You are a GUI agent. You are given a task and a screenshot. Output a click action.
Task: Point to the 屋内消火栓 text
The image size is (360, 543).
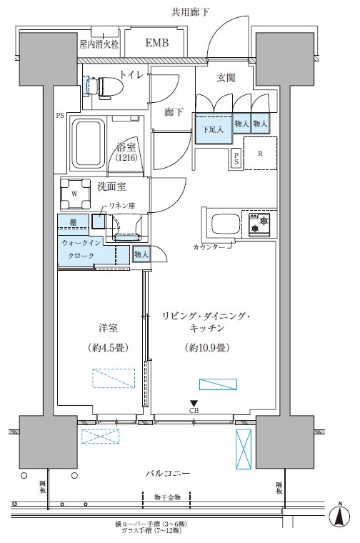point(100,44)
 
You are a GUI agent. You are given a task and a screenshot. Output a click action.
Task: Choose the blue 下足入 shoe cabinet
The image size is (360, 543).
point(212,129)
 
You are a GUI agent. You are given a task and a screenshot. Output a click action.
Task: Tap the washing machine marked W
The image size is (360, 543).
point(74,192)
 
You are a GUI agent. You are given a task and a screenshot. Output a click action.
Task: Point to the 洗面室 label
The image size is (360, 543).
point(112,188)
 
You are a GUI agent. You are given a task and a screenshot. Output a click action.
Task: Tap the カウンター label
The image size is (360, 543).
point(210,246)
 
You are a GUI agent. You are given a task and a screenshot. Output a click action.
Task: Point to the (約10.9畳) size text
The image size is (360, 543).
point(205,349)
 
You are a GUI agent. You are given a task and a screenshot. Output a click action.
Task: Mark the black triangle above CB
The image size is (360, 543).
point(194,404)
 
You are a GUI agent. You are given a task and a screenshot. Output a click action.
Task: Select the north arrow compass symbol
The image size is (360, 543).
point(341,516)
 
